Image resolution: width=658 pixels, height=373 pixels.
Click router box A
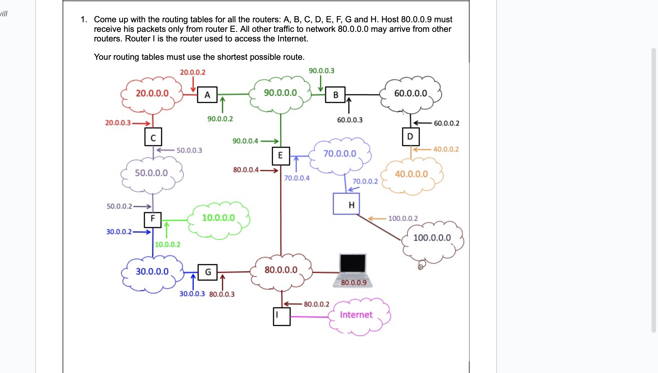pos(207,95)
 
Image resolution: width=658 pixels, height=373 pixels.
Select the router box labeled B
pos(335,95)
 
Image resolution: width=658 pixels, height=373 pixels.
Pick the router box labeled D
pos(410,137)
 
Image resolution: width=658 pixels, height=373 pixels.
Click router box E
pos(280,156)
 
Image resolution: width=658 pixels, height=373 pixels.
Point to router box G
pos(208,272)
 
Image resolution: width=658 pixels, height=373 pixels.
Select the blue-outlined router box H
pos(346,204)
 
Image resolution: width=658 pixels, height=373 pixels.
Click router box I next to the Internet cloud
pos(282,316)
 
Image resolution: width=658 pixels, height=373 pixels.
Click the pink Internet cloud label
pos(356,315)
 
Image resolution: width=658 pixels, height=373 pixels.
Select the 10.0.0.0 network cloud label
pos(218,218)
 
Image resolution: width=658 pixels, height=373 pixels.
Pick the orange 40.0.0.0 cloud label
pos(411,174)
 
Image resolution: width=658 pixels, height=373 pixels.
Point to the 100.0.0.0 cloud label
pos(432,238)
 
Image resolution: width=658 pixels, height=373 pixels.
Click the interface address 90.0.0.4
pos(245,141)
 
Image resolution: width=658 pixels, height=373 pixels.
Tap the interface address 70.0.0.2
pos(365,181)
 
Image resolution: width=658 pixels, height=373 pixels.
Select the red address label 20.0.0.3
pos(118,123)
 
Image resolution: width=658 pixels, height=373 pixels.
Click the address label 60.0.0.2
pos(446,123)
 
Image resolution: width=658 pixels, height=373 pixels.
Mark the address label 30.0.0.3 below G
pos(192,294)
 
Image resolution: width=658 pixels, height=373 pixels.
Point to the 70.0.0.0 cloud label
pos(339,154)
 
